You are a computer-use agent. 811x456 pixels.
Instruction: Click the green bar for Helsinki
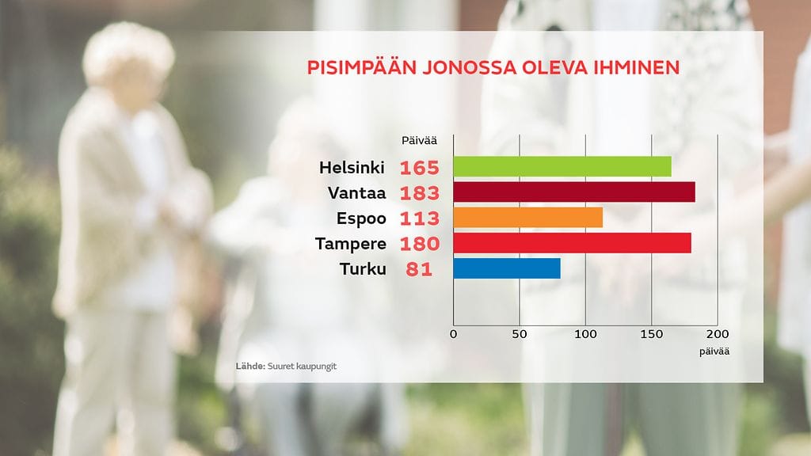(x=562, y=167)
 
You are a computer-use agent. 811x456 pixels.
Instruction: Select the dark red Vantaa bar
(x=574, y=192)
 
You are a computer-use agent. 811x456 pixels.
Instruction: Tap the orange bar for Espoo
(x=528, y=217)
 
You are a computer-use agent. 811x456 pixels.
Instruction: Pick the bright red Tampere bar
(x=572, y=243)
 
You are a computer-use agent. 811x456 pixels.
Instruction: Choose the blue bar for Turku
(x=507, y=268)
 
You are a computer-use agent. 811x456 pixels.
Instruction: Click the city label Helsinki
(x=352, y=168)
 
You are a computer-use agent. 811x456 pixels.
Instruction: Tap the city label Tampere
(x=351, y=243)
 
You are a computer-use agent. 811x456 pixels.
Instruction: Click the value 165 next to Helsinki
(x=419, y=168)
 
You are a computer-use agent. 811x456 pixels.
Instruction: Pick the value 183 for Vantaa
(x=419, y=193)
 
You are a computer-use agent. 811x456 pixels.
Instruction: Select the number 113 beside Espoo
(x=419, y=218)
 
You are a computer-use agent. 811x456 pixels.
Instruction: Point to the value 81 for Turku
(x=419, y=268)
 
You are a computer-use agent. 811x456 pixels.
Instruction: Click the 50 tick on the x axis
(x=519, y=334)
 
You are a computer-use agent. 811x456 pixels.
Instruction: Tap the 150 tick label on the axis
(x=651, y=334)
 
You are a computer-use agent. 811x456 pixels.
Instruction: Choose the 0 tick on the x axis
(x=453, y=334)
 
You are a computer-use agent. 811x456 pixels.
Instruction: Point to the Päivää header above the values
(x=419, y=141)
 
